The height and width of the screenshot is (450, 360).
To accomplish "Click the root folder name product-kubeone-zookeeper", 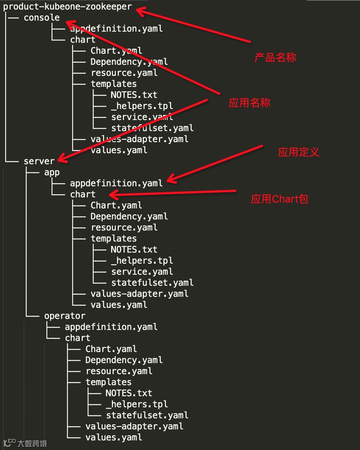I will (x=67, y=7).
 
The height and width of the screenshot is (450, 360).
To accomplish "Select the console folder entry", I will (x=42, y=18).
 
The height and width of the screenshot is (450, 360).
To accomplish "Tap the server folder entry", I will (x=39, y=161).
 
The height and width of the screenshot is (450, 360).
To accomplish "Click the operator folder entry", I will (x=64, y=316).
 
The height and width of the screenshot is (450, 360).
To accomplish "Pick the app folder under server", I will (x=52, y=172).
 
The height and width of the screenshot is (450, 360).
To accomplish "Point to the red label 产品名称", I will (x=275, y=58).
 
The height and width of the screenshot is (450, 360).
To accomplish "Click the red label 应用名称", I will (x=250, y=103).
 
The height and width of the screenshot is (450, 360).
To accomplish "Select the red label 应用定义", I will (x=299, y=152).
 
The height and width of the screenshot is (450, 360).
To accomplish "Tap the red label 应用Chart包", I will (x=279, y=199).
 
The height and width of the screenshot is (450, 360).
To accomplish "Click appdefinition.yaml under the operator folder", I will (x=111, y=327).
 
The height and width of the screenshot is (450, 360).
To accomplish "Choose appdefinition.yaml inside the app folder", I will (x=116, y=183).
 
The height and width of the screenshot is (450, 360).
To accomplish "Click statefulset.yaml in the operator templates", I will (x=147, y=415).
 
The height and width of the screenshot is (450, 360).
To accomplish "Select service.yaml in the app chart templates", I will (x=142, y=272).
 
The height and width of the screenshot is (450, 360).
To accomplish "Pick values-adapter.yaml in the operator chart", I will (x=134, y=426).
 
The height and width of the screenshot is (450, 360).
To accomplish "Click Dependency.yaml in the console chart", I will (x=129, y=62).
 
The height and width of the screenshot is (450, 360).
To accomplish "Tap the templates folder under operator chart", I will (x=109, y=382).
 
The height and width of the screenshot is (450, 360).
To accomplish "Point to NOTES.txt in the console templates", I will (x=134, y=95).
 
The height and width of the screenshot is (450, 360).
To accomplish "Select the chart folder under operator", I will (x=78, y=338).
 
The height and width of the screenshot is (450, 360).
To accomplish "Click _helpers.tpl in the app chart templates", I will (x=142, y=261).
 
